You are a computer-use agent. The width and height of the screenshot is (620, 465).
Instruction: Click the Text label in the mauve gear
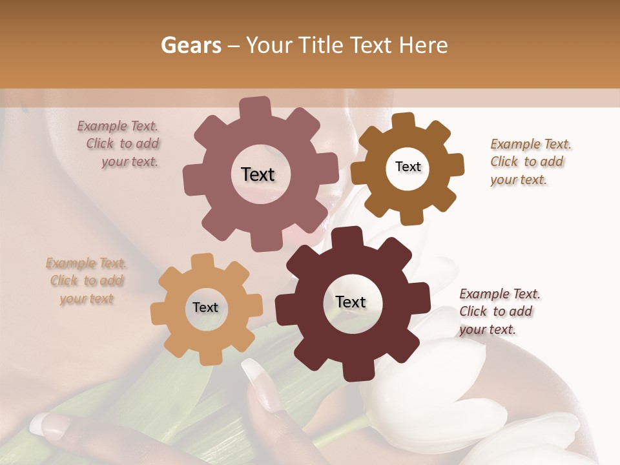tap(258, 174)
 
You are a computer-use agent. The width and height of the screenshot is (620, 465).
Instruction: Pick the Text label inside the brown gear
tap(408, 167)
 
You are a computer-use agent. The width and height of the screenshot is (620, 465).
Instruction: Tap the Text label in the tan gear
tap(205, 307)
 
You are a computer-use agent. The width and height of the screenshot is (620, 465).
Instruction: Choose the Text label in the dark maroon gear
tap(351, 302)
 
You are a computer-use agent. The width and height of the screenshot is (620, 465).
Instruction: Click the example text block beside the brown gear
tap(530, 161)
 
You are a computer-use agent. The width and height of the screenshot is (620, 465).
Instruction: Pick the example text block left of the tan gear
tap(87, 280)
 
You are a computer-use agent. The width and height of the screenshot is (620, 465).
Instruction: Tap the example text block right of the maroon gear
tap(499, 311)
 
